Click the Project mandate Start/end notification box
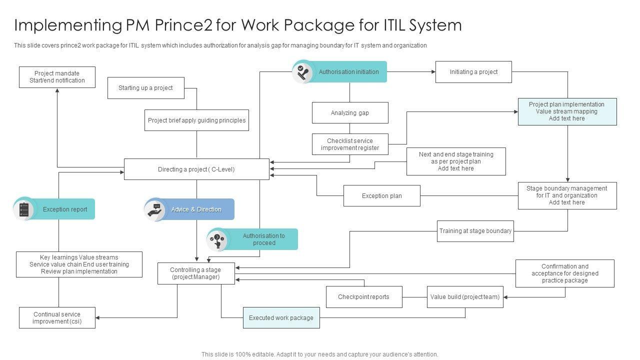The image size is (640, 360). click(x=57, y=77)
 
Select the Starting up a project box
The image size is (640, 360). click(x=146, y=88)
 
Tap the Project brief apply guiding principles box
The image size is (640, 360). click(x=196, y=120)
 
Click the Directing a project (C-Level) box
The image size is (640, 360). click(x=196, y=169)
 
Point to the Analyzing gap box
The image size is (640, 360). click(x=349, y=113)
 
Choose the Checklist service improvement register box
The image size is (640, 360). click(x=349, y=144)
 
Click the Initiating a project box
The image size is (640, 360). click(x=473, y=72)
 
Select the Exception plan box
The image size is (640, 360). click(x=381, y=196)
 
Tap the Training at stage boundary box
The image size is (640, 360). click(x=475, y=231)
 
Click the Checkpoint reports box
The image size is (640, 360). click(x=363, y=297)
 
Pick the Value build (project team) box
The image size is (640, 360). click(x=464, y=297)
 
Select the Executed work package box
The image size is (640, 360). click(x=281, y=318)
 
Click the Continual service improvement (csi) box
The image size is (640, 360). click(x=57, y=318)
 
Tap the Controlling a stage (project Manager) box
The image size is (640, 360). click(x=195, y=273)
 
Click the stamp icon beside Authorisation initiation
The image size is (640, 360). click(x=302, y=72)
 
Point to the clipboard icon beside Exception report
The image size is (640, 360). click(x=23, y=209)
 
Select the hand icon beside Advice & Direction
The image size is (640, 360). click(x=155, y=209)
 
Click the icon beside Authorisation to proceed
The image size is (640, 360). click(x=217, y=239)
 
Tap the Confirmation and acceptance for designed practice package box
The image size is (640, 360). click(x=564, y=273)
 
